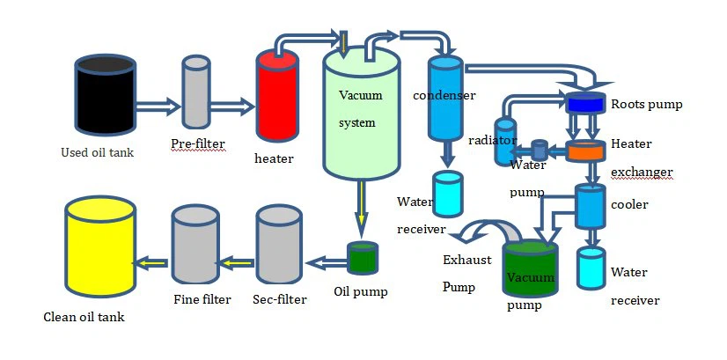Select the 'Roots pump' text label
tap(647, 104)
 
